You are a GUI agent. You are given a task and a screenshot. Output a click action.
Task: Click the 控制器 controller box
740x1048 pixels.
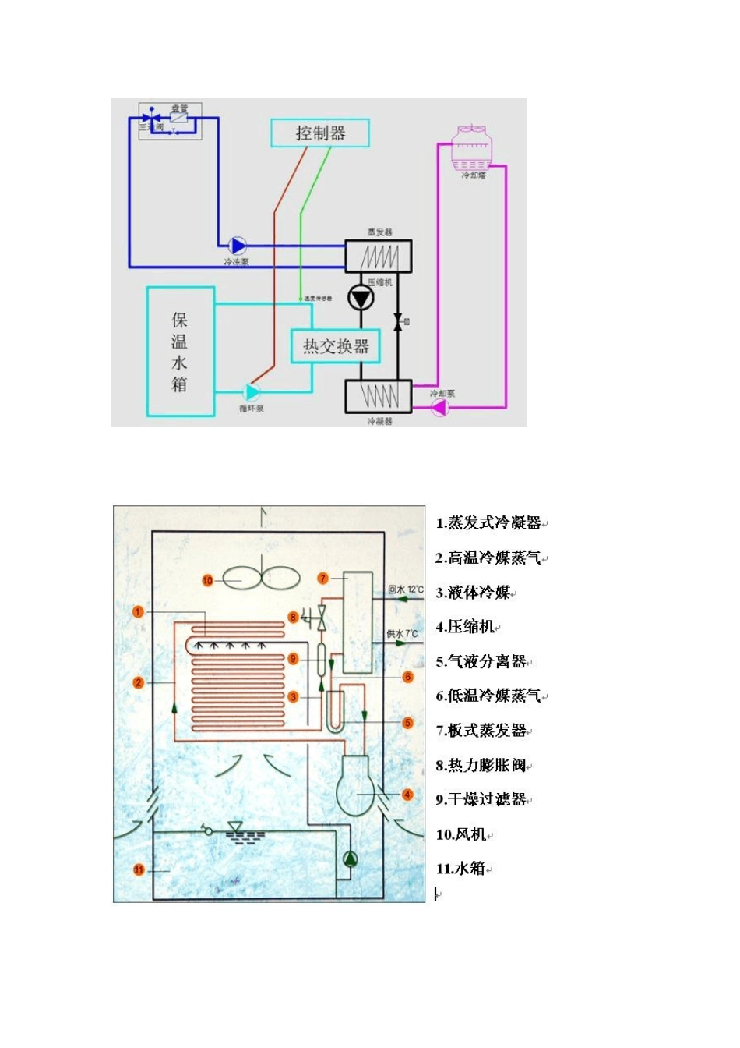(x=319, y=133)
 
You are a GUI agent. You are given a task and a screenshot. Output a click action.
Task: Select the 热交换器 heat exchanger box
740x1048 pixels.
(x=336, y=346)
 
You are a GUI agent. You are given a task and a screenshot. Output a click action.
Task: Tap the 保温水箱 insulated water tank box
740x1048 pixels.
(x=180, y=352)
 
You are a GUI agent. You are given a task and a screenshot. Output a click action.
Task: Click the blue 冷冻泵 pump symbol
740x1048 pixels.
(x=237, y=246)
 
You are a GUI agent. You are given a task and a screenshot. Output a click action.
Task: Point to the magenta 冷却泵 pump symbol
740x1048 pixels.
(x=440, y=407)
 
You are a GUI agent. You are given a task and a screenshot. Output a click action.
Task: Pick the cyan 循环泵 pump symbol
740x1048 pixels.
(x=252, y=392)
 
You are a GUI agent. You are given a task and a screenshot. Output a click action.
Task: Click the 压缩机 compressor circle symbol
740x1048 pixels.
(x=361, y=298)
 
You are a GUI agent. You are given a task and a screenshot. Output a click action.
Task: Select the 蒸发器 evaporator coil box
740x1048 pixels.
(x=379, y=256)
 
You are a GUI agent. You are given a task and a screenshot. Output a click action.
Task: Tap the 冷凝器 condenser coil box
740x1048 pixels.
(x=379, y=396)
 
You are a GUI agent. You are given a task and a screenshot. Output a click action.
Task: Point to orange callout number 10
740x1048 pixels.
(x=207, y=580)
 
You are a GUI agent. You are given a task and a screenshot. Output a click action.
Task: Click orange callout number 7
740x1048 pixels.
(x=323, y=579)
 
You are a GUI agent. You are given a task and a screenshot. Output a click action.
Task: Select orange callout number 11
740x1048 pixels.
(x=139, y=869)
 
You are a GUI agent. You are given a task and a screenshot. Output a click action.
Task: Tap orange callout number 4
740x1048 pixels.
(x=407, y=795)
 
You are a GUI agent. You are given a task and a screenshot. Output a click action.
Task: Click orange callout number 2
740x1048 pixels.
(x=139, y=682)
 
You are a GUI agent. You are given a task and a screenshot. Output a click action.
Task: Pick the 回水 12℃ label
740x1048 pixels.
(x=406, y=589)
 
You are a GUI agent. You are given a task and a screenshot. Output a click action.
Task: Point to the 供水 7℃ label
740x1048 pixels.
(x=403, y=633)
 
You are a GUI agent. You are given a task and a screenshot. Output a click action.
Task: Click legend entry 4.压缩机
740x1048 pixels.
(x=466, y=627)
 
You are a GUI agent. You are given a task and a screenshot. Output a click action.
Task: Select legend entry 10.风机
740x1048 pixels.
(x=461, y=834)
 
